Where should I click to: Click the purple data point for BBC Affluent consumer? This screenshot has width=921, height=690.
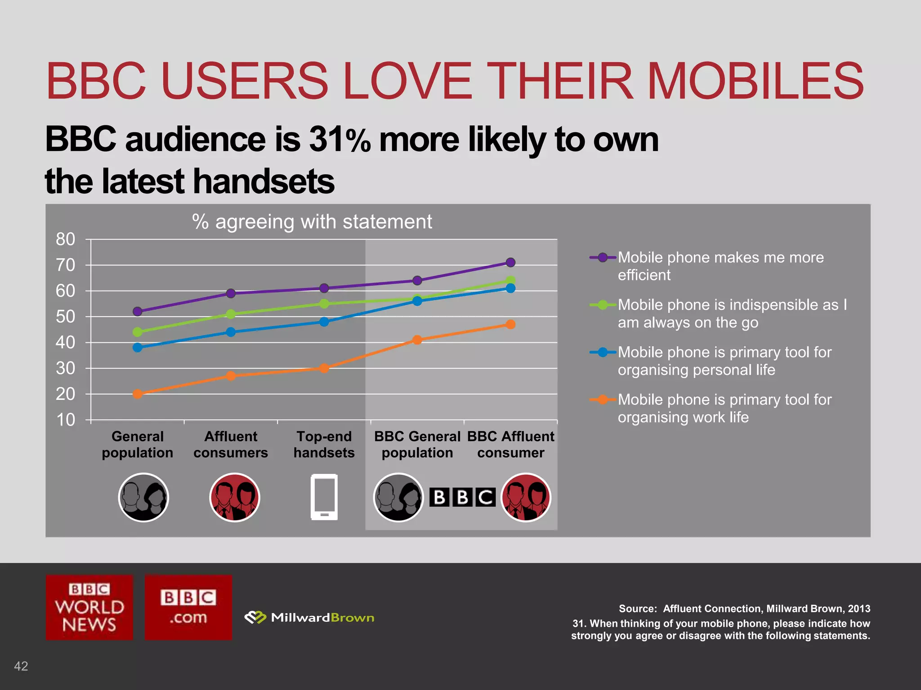pyautogui.click(x=510, y=262)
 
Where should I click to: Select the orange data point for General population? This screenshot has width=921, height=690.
pyautogui.click(x=138, y=394)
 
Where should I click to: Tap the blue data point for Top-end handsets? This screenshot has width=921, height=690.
pyautogui.click(x=324, y=322)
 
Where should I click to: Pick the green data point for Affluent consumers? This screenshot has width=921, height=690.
pyautogui.click(x=231, y=314)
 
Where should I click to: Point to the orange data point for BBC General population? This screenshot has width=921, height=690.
pyautogui.click(x=417, y=340)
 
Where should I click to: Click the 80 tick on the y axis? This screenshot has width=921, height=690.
pyautogui.click(x=66, y=239)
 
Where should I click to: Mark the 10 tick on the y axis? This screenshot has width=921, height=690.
pyautogui.click(x=66, y=420)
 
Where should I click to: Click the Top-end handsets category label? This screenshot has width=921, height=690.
pyautogui.click(x=324, y=444)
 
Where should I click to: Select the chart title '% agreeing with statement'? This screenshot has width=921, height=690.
pyautogui.click(x=312, y=222)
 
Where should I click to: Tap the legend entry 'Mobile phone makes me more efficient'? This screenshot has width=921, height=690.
pyautogui.click(x=720, y=266)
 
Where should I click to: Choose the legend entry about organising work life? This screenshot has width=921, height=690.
pyautogui.click(x=724, y=408)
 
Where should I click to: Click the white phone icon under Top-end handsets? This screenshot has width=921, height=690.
pyautogui.click(x=324, y=497)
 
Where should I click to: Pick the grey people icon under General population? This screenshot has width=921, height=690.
pyautogui.click(x=143, y=497)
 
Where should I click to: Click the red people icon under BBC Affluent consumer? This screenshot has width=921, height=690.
pyautogui.click(x=526, y=497)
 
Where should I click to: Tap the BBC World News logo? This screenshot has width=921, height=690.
pyautogui.click(x=89, y=607)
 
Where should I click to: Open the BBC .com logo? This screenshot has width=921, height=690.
pyautogui.click(x=188, y=607)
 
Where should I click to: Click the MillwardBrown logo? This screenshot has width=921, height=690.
pyautogui.click(x=309, y=618)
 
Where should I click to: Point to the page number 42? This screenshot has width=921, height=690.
pyautogui.click(x=21, y=666)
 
